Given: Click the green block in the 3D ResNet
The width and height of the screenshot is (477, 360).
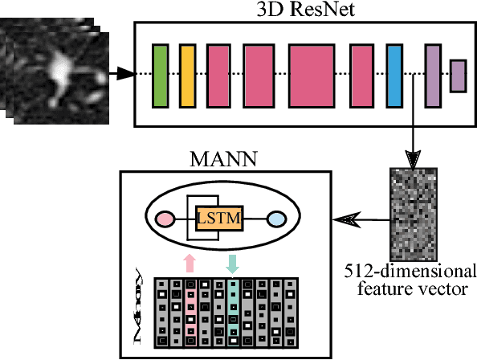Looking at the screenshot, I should click(160, 76).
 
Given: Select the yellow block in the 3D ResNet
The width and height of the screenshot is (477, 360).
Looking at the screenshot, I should click(188, 76).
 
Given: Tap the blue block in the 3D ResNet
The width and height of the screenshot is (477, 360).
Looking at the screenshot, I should click(393, 76).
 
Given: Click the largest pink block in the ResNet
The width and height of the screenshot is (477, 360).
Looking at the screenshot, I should click(311, 76).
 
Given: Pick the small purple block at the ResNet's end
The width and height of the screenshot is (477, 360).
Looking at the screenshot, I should click(458, 76).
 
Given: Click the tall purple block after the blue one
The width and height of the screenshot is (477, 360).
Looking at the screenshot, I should click(432, 76).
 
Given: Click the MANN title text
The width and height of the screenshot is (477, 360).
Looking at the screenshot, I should click(222, 159).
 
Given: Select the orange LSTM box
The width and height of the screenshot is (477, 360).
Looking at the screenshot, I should click(219, 217).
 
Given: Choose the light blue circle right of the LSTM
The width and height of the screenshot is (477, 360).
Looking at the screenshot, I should click(275, 218).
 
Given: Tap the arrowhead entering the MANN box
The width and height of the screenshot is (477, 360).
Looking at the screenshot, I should click(344, 218).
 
